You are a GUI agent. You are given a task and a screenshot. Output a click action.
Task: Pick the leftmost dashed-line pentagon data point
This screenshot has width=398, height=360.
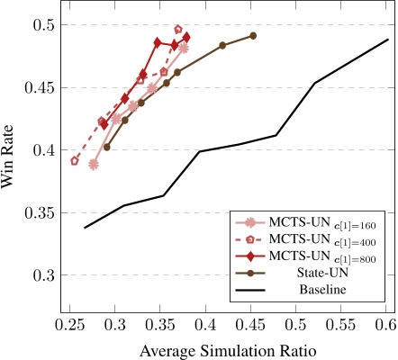76,161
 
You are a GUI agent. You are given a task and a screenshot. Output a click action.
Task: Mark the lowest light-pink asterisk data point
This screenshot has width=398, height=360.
94,165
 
